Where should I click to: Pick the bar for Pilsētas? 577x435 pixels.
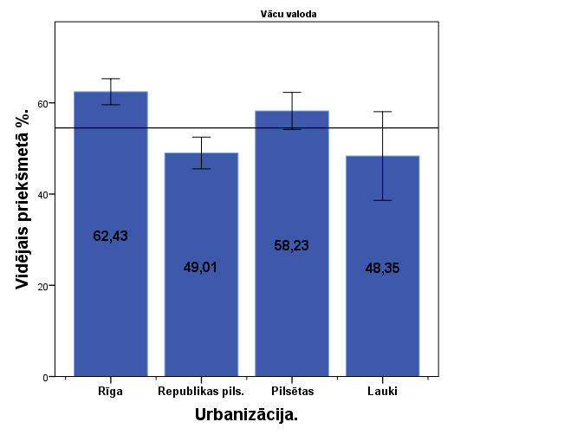click(291, 303)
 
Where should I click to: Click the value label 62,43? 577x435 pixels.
click(110, 236)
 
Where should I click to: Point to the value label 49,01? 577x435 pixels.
click(201, 267)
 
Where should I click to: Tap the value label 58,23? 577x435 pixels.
click(291, 245)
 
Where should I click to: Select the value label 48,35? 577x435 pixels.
click(382, 268)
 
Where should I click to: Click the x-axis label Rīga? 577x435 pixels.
click(110, 392)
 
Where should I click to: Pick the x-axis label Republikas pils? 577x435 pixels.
click(201, 392)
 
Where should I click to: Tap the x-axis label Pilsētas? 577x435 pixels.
click(291, 392)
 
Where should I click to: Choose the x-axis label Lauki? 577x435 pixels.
click(382, 392)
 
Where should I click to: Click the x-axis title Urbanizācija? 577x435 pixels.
click(246, 415)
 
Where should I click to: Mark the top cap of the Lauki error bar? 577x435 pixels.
click(382, 112)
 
